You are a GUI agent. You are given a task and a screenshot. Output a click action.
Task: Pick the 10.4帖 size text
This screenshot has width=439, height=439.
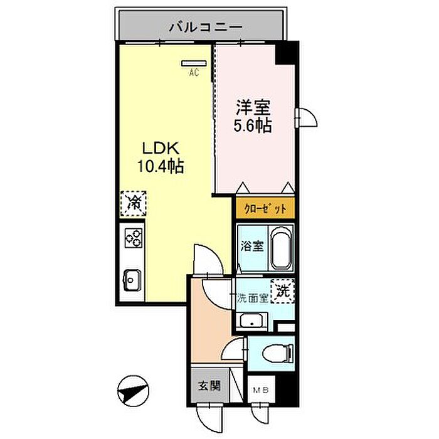(x=160, y=167)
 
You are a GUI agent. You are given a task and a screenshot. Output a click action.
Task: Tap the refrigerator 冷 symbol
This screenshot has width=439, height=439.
(x=133, y=203)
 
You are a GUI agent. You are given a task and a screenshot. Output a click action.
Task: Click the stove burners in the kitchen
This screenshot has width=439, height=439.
(x=133, y=238)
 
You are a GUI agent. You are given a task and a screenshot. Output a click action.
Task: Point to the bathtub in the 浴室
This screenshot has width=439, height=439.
(x=282, y=246)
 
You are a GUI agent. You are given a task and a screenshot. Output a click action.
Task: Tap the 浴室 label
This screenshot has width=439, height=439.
(x=253, y=246)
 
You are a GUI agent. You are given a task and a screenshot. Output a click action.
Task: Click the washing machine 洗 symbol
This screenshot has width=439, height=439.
(x=283, y=290)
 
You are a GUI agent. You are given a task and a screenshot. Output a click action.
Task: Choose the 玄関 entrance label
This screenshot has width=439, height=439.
(x=209, y=386)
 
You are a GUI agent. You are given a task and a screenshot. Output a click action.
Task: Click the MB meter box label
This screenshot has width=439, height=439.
(x=260, y=391)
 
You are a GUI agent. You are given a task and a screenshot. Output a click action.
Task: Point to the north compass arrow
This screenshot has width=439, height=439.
(x=132, y=391)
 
